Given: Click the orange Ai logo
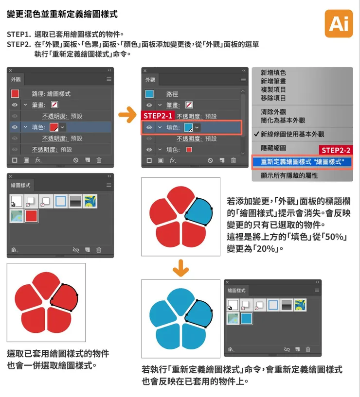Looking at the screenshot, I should pos(339,23).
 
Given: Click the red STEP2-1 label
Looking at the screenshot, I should pos(157,116).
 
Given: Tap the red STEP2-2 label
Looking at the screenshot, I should pos(336,151).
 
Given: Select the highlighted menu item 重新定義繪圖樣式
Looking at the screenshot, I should pos(302,162).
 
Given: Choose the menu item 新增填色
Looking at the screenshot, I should pos(273,72).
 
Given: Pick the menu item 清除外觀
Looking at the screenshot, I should pos(273,111).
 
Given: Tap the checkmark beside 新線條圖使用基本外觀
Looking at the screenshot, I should pos(256,134).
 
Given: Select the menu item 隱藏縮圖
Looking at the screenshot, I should pos(273,147).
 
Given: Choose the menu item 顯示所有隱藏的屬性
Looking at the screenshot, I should pos(289,175).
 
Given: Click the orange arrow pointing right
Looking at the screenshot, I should pos(127,116).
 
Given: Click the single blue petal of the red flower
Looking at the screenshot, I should pos(199,212).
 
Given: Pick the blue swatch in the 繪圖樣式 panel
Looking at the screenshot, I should pos(246,318).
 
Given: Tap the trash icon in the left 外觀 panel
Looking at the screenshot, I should pos(99,160).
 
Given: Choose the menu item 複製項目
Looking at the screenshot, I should pos(273,90).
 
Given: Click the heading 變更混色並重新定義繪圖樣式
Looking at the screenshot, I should pos(62,15).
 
